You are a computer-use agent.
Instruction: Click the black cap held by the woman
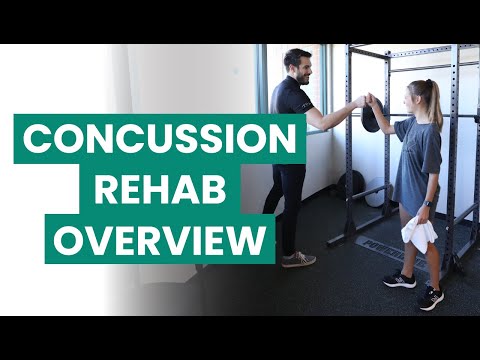coord(369,116)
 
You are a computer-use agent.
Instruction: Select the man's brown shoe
coord(298,259)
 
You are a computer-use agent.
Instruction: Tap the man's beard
coord(300,77)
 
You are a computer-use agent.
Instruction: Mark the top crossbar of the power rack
coord(410,49)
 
